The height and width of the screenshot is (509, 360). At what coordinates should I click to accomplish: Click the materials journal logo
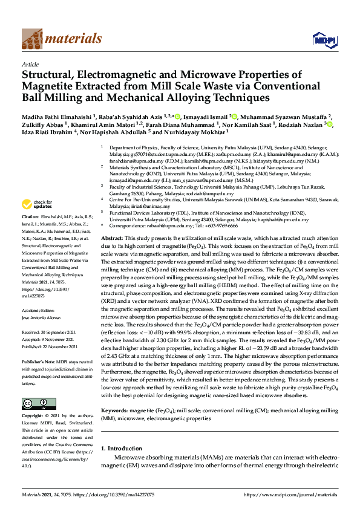(61, 39)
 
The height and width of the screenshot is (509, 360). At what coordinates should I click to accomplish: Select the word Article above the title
(30, 64)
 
